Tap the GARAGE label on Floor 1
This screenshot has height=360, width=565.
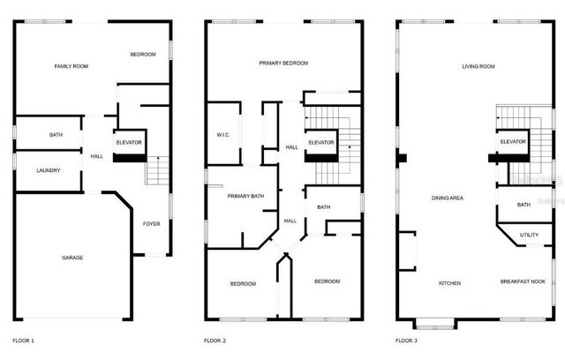click(x=72, y=258)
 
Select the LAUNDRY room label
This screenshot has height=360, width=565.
click(x=48, y=169)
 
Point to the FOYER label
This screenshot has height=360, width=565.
click(x=151, y=224)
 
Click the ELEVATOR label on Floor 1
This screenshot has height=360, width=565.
click(x=129, y=142)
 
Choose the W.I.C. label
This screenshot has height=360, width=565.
click(x=223, y=135)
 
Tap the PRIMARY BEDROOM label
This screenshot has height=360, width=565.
click(x=283, y=64)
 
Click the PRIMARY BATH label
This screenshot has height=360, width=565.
click(x=245, y=196)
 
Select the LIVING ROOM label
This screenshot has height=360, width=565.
click(x=478, y=66)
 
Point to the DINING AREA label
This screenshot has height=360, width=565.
click(x=448, y=199)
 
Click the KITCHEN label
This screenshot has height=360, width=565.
click(x=450, y=283)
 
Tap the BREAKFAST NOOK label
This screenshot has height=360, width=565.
click(x=523, y=281)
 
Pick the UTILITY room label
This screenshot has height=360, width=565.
click(x=529, y=235)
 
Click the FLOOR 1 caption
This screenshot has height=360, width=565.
click(x=24, y=340)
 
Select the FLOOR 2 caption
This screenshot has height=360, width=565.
click(x=215, y=340)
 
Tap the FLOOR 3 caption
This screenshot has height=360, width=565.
click(x=407, y=340)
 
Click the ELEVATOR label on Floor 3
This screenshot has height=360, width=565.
click(x=513, y=142)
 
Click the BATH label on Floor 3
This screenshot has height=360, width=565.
click(x=524, y=205)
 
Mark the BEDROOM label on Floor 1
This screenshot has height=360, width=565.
click(x=143, y=55)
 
